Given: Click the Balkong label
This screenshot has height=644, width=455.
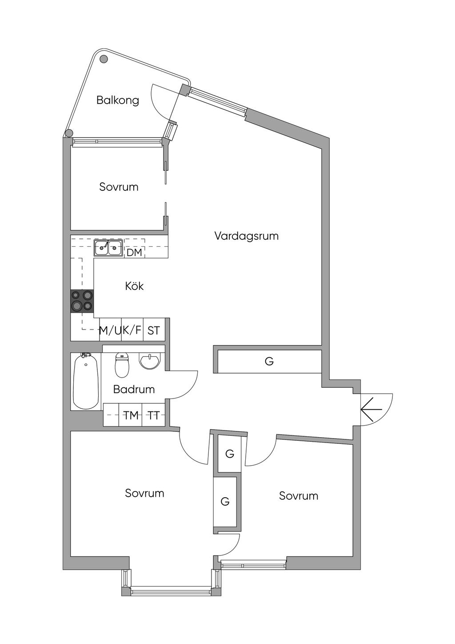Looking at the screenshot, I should coord(118,100).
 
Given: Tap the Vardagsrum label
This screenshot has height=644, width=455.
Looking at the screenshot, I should coord(247,236).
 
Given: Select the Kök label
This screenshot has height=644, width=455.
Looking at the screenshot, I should coord(134,286).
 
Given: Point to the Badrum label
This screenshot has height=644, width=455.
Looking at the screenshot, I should coord(134,390).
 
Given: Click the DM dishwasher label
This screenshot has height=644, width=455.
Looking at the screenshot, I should coord(134,253).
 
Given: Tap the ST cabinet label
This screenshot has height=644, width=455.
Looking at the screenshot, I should coord(154,330).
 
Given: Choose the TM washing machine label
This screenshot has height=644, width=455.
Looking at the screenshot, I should coord(131,415).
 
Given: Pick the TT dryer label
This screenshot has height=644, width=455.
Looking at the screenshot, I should coord(154,415).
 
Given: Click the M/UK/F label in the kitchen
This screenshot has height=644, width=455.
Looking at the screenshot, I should coord(120,330).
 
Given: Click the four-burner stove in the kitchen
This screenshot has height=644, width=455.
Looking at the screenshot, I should coord(82,301).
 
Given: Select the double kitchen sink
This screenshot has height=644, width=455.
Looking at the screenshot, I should coord(108,248).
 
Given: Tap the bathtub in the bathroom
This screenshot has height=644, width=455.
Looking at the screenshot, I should coord(86,381).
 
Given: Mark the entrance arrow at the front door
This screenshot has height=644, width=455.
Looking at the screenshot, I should coord(371,409).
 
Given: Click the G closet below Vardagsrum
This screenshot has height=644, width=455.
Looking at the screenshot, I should coord(269,362).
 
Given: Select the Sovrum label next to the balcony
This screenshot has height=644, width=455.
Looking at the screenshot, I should coord(119,187).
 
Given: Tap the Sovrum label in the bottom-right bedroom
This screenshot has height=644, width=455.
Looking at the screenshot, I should coord(299,496).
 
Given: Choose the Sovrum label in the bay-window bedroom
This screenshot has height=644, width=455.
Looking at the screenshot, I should coord(144,493).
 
